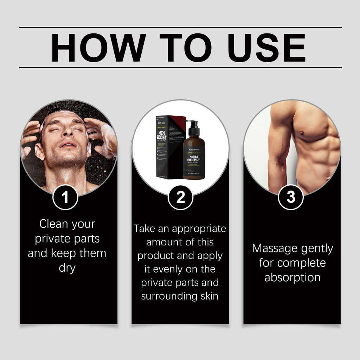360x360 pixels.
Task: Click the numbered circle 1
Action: click(65, 198)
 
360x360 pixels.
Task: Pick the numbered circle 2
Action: click(180, 198)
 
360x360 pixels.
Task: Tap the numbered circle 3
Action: click(291, 198)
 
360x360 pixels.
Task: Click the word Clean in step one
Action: click(53, 224)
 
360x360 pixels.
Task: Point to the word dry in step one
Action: click(67, 268)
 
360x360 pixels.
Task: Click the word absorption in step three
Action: click(292, 277)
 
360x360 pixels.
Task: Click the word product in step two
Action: click(155, 256)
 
